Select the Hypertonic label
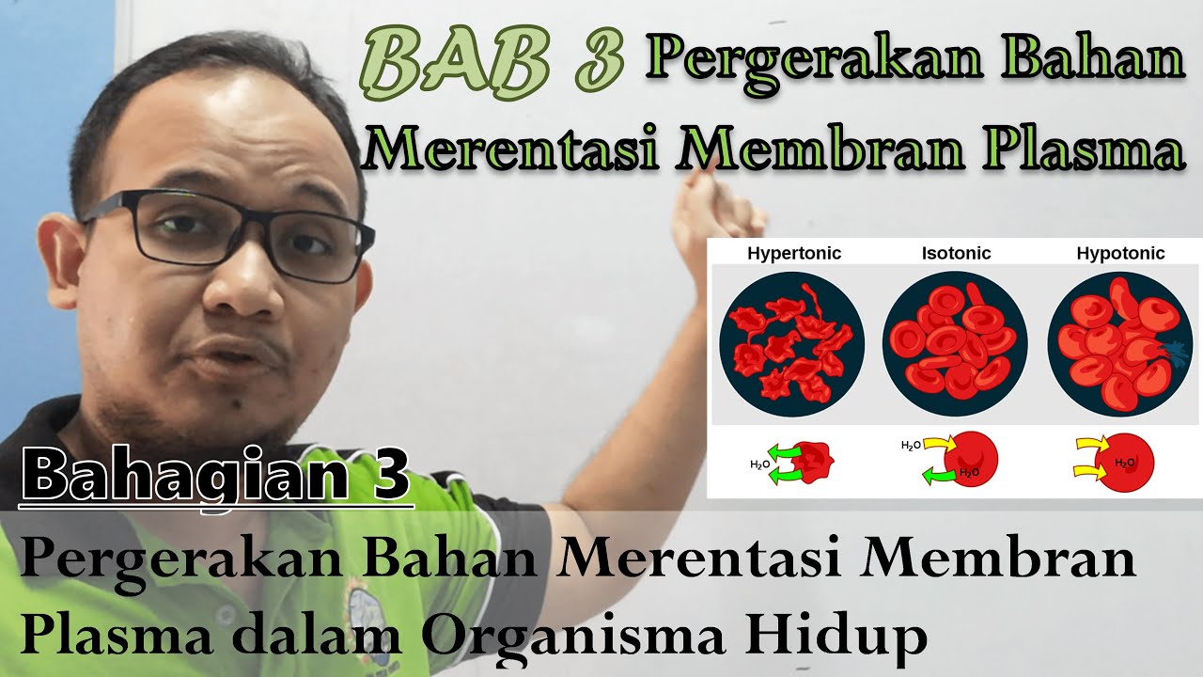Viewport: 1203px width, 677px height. click(794, 253)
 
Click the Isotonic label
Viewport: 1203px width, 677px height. click(956, 253)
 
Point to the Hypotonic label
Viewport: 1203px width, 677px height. click(1120, 253)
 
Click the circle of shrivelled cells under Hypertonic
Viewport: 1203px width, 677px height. click(791, 344)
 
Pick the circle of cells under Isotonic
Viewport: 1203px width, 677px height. click(955, 344)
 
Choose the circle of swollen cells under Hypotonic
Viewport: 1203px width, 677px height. click(1119, 344)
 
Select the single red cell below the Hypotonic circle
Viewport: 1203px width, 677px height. click(1126, 462)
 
